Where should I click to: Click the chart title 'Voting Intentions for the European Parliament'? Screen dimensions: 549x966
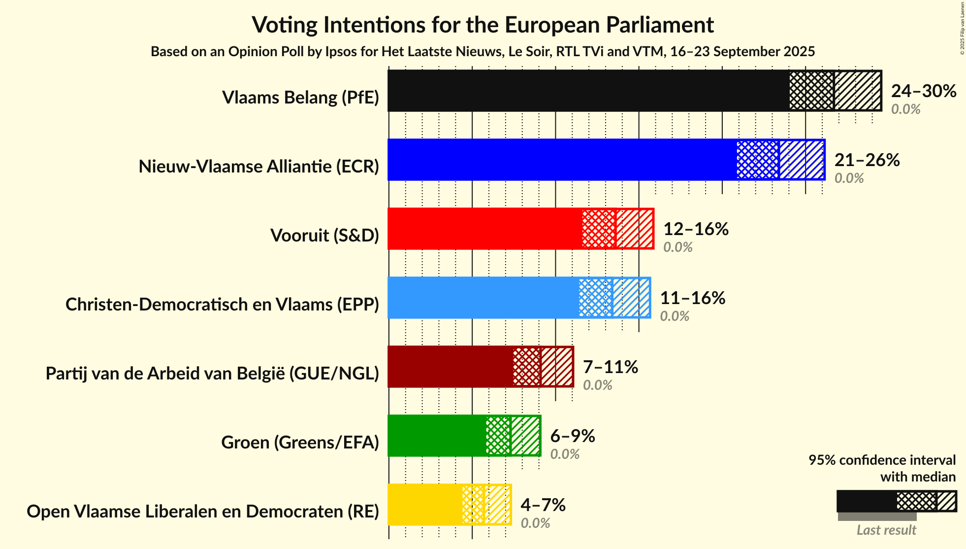point(483,25)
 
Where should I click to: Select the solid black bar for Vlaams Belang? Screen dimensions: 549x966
point(588,91)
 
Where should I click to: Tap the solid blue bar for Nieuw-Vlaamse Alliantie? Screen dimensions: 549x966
point(561,160)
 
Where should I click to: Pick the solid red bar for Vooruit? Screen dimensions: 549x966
point(485,229)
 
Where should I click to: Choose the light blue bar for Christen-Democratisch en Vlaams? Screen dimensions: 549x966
point(483,298)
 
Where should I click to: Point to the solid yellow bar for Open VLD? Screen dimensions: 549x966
point(425,505)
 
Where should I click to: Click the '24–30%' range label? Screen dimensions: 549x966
point(924,91)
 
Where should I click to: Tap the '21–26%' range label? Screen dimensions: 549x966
point(867,160)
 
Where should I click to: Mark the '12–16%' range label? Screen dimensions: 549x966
point(696,229)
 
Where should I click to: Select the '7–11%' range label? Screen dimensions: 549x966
point(611,367)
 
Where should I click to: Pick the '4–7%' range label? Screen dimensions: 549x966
point(543,505)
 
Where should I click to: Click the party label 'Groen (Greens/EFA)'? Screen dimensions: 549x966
point(300,443)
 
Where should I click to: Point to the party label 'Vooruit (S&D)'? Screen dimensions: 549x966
point(324,236)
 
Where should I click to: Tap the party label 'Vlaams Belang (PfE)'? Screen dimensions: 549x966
point(300,98)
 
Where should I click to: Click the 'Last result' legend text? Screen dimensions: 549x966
point(886,530)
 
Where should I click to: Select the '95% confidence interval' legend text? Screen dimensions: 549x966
point(882,460)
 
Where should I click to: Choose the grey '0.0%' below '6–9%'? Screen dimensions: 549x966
point(565,454)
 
